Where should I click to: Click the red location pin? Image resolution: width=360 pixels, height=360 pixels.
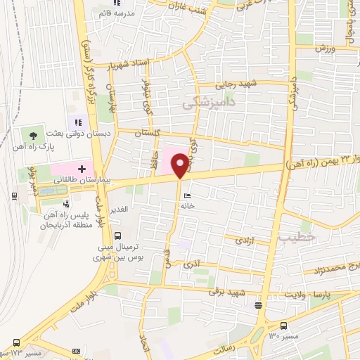(x=180, y=165)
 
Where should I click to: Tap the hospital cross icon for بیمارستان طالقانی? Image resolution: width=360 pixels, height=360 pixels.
(x=82, y=169)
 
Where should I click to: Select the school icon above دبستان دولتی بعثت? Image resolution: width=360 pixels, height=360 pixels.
(x=79, y=122)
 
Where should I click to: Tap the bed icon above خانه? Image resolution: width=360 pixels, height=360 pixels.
(x=186, y=195)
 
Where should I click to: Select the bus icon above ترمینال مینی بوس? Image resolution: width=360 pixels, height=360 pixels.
(x=117, y=236)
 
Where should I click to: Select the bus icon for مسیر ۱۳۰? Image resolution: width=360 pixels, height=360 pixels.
(x=283, y=326)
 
